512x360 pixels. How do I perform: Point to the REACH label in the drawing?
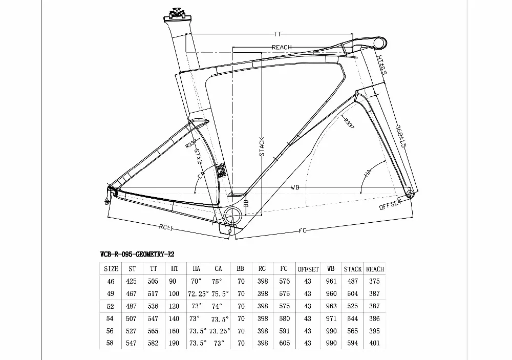pos(282,47)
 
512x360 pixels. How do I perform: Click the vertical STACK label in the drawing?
pos(262,146)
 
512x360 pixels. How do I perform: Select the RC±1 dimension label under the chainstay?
pos(165,226)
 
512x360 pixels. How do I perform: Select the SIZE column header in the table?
pos(111,269)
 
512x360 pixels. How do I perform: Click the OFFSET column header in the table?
pos(308,269)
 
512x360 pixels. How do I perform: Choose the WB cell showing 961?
pos(331,281)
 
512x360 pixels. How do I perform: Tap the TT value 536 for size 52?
pos(153,306)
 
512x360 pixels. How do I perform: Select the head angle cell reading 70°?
pos(196,281)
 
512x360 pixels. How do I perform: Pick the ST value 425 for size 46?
pos(132,281)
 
